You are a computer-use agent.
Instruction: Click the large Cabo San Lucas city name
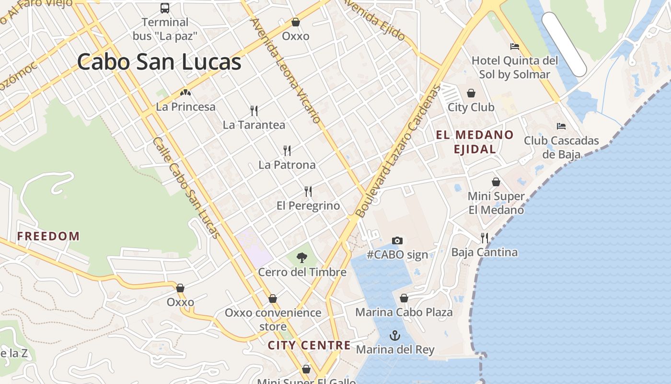(159, 62)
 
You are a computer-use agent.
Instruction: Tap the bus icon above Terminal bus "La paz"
(165, 8)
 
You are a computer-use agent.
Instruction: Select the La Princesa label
(185, 107)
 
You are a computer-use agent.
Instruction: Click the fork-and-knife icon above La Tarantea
(254, 111)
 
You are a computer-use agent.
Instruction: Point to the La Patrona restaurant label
(287, 165)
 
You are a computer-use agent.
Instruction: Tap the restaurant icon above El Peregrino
(308, 192)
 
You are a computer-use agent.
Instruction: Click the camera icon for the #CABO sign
(397, 240)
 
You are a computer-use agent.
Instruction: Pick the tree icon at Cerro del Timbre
(301, 258)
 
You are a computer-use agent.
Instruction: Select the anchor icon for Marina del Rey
(395, 335)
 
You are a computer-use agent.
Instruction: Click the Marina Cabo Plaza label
(404, 312)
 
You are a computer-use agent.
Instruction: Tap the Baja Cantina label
(484, 252)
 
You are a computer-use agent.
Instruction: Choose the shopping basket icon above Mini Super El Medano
(496, 182)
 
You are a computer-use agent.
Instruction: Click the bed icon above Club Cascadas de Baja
(561, 126)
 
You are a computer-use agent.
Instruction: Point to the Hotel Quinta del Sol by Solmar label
(515, 67)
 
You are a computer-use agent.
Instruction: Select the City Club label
(471, 107)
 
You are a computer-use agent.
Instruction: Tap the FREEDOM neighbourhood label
(48, 236)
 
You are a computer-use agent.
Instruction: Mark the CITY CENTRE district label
(309, 345)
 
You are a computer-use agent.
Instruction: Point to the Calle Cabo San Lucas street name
(186, 188)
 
